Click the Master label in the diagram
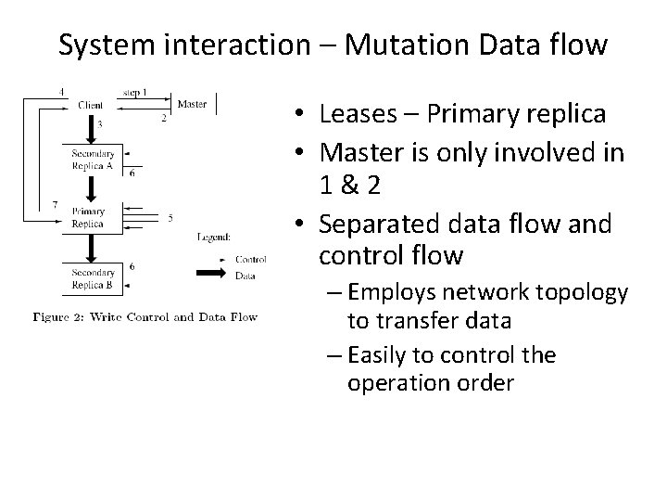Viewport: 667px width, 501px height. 192,104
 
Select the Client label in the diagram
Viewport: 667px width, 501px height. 91,105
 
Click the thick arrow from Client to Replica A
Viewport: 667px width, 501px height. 91,128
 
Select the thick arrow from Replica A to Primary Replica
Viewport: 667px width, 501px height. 91,189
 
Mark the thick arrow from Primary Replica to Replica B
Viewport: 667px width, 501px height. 91,248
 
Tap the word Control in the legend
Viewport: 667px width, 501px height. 251,259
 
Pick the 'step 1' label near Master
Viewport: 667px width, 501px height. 136,92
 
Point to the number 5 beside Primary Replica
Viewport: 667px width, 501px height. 170,219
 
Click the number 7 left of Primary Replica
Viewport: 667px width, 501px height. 55,203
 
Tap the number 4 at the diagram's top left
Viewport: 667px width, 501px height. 61,91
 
